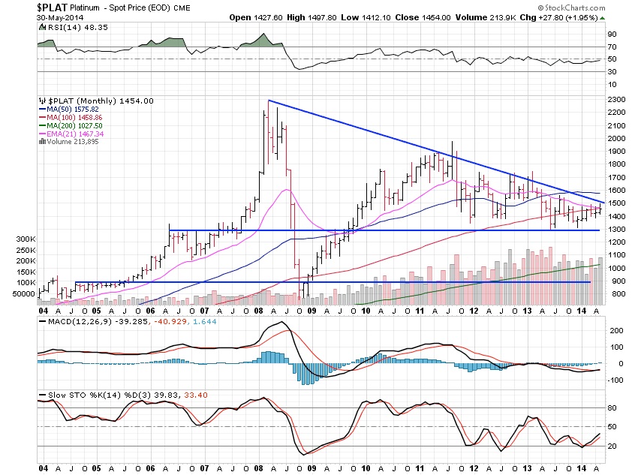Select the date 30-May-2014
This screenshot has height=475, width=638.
[x=60, y=18]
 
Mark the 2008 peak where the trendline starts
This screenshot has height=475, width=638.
[x=268, y=101]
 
